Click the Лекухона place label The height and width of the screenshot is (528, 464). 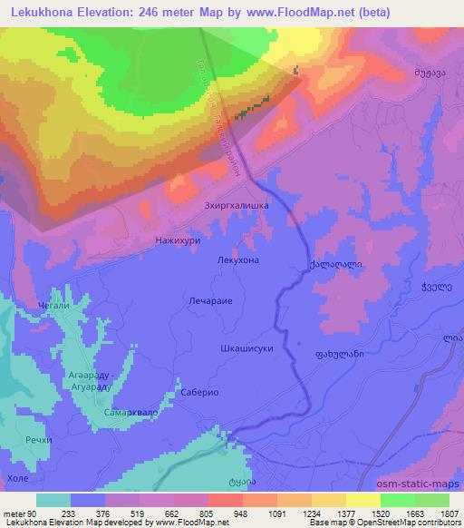(x=238, y=259)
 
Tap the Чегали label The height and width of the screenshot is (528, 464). (x=52, y=308)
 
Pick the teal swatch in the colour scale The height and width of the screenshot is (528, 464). (x=53, y=500)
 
